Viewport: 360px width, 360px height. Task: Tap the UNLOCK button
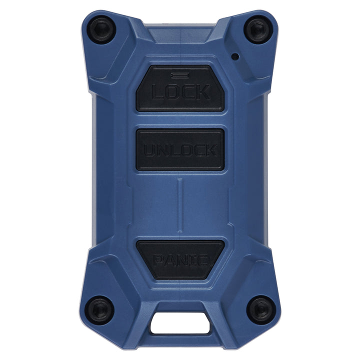[180, 149]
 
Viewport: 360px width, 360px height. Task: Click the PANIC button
[180, 259]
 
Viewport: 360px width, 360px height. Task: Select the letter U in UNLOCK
[149, 150]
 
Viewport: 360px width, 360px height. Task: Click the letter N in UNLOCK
[161, 150]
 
